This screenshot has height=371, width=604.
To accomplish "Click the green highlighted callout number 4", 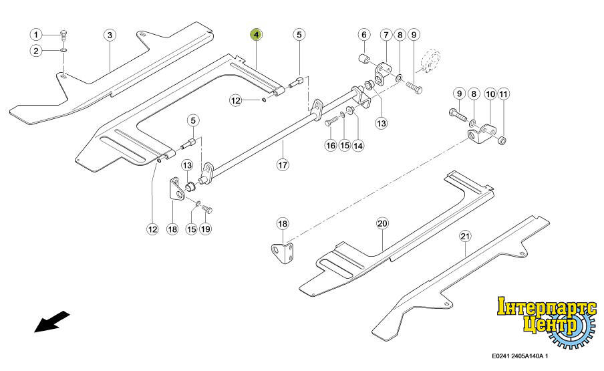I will (257, 34).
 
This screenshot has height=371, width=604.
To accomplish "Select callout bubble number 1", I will (37, 34).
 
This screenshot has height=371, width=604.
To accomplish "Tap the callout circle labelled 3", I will (110, 34).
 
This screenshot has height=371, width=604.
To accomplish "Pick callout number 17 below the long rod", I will (282, 163).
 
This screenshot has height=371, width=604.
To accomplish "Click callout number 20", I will (382, 223).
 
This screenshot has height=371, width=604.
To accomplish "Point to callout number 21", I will (464, 236).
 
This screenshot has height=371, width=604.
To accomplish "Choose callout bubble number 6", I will (364, 34).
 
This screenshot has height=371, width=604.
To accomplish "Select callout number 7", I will (386, 34).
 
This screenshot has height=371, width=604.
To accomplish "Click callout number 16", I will (330, 145).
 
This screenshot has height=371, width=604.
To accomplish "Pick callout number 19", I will (205, 229).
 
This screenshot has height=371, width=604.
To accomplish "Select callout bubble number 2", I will (37, 51).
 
